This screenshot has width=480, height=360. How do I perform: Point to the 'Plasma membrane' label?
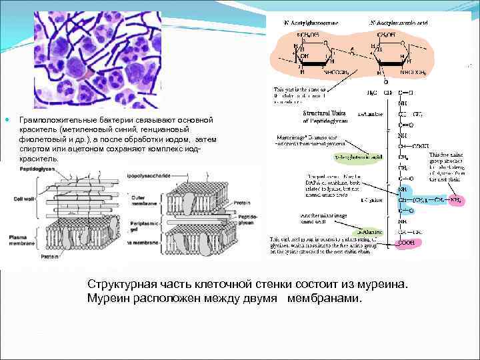click(19, 241)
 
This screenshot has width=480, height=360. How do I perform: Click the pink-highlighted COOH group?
click(406, 243)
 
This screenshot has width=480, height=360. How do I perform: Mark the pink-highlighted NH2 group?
click(456, 199)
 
